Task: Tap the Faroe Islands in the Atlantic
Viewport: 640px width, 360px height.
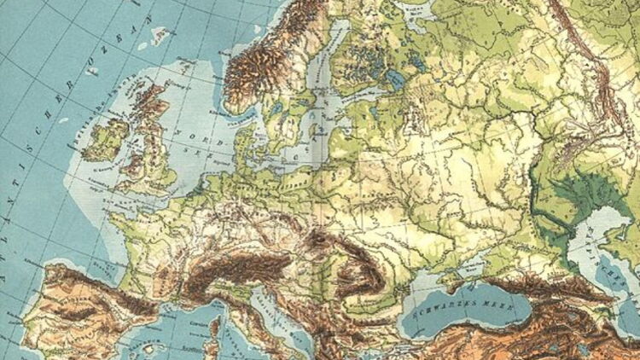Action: click(159, 36)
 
